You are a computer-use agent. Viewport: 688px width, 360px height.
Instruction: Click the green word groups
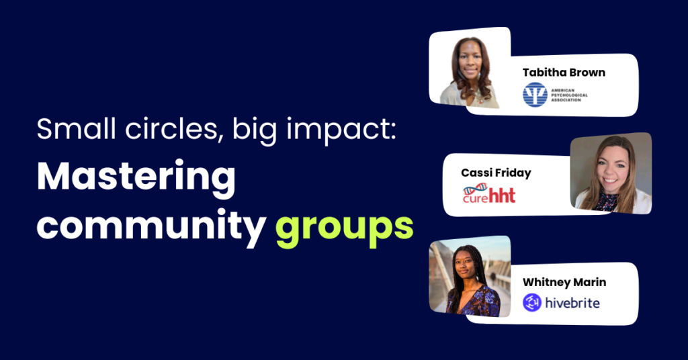click(345, 228)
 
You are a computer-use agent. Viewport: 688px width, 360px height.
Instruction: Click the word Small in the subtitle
click(77, 128)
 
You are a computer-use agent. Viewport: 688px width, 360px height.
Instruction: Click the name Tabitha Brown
click(564, 73)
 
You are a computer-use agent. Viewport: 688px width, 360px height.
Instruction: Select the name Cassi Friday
click(496, 173)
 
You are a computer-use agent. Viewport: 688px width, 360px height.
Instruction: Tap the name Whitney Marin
click(564, 282)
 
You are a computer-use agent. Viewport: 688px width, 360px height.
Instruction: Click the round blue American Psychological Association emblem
click(535, 95)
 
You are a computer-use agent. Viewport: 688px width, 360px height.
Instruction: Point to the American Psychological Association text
click(569, 95)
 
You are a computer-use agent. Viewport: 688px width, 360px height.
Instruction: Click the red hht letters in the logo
click(502, 195)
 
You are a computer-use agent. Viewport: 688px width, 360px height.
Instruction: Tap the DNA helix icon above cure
click(475, 189)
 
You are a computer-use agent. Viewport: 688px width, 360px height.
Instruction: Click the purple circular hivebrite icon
click(532, 302)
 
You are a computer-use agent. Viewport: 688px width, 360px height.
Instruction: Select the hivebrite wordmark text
click(572, 302)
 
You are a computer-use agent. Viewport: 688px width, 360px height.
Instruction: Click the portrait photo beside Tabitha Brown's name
click(470, 69)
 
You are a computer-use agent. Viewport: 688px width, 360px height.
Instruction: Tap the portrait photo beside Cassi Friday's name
click(611, 173)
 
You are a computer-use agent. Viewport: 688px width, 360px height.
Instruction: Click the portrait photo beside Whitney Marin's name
click(470, 277)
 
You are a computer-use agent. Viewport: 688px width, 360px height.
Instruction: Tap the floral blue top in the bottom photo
click(474, 302)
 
